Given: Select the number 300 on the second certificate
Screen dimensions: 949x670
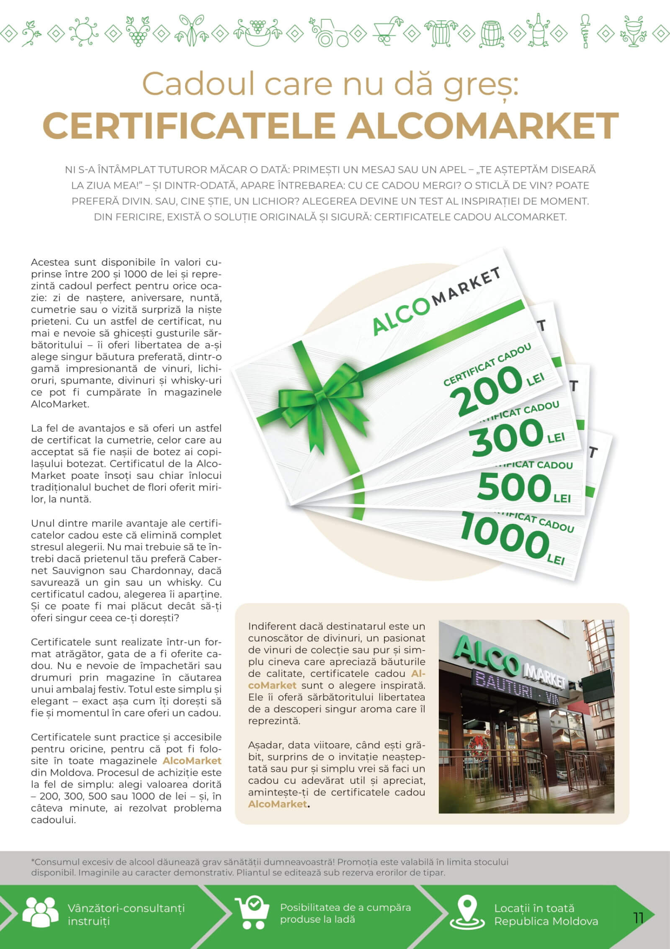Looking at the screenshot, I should (507, 438).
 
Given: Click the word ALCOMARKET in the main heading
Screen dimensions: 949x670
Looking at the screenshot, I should (482, 125).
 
